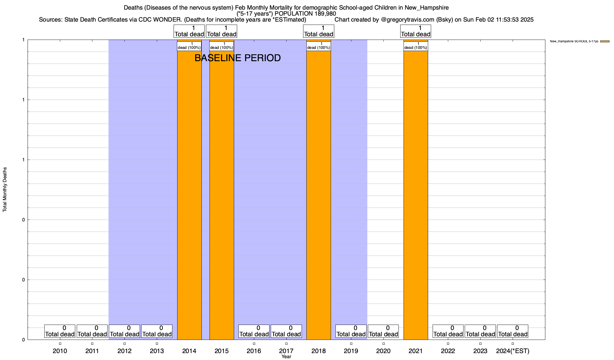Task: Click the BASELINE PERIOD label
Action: pos(237,58)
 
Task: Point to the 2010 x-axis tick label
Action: pos(60,351)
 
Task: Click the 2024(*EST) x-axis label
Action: pos(513,351)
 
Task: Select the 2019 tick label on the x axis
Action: pos(351,351)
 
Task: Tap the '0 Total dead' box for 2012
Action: pos(124,331)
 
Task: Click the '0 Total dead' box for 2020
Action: pos(383,331)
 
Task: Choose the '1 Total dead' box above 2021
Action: pos(416,31)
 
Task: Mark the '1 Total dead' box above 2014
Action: pos(189,31)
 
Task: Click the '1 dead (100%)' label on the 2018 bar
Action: pos(318,46)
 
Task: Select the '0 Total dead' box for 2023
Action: pos(480,331)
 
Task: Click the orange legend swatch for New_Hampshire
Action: pos(605,41)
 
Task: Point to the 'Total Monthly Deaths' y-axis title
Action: pos(5,190)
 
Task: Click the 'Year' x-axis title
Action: pos(286,357)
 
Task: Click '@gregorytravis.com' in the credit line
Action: pos(407,20)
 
